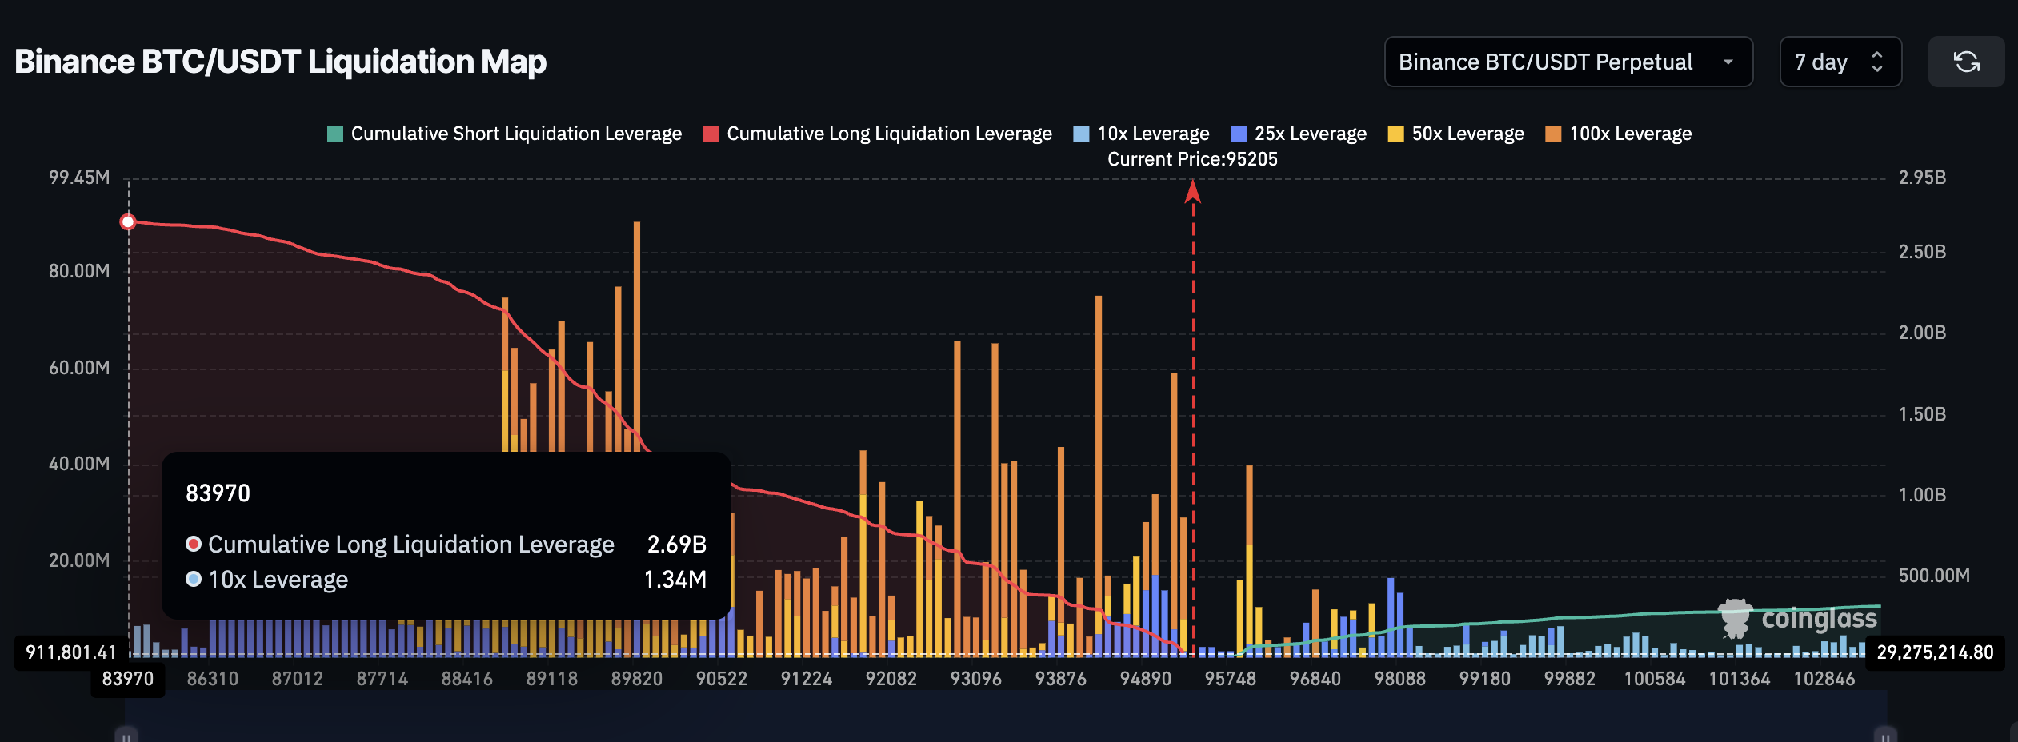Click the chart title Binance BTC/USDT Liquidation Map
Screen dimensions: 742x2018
(x=280, y=62)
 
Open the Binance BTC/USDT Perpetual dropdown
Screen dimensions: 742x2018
(x=1568, y=62)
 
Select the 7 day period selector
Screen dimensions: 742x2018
(x=1840, y=62)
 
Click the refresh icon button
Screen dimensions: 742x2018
(x=1966, y=62)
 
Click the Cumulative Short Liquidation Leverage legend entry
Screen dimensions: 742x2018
(x=505, y=134)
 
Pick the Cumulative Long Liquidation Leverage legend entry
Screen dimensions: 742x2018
(x=878, y=134)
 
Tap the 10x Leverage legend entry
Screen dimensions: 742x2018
(x=1142, y=134)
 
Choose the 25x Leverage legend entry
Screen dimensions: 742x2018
(x=1299, y=134)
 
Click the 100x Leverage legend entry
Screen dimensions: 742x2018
(x=1619, y=134)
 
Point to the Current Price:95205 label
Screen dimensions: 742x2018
(x=1192, y=159)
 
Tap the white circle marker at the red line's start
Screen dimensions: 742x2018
(x=128, y=221)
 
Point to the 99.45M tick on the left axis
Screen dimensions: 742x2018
(x=79, y=178)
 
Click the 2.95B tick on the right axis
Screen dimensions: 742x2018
(x=1922, y=178)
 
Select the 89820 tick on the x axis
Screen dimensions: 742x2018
(x=636, y=679)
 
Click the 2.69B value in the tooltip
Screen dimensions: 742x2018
(x=676, y=545)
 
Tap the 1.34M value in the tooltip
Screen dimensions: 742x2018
(x=675, y=580)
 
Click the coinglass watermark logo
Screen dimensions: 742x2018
(x=1797, y=619)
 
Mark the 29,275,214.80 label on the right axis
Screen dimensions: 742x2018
(x=1935, y=652)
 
